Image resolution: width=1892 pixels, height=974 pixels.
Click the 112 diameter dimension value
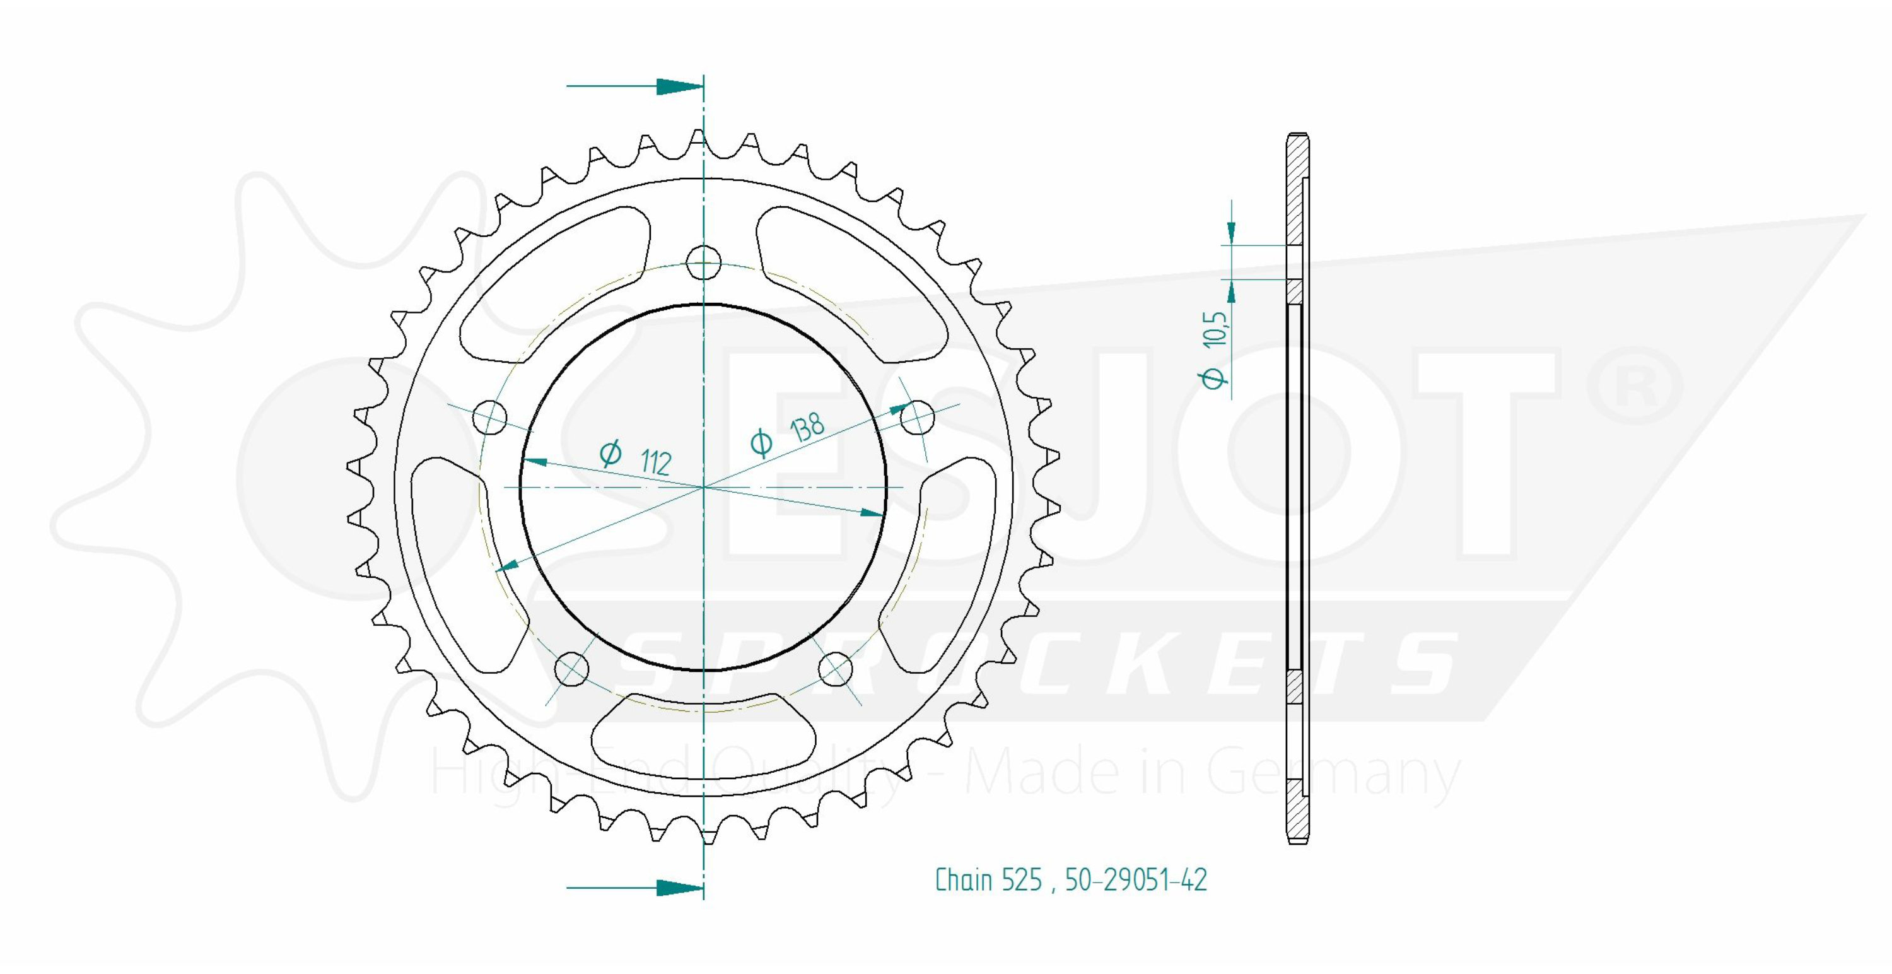[x=656, y=461]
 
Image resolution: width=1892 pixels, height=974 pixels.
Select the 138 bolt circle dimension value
[x=807, y=428]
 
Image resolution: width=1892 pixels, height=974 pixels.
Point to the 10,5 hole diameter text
[x=1215, y=327]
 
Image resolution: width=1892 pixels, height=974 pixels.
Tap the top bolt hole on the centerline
[x=704, y=262]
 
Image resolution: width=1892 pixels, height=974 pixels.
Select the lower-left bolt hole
[x=571, y=669]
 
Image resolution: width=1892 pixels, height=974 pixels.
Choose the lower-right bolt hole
[x=835, y=669]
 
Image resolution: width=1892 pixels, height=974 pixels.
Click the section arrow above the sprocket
[x=634, y=86]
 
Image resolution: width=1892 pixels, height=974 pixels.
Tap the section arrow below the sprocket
[x=634, y=888]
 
